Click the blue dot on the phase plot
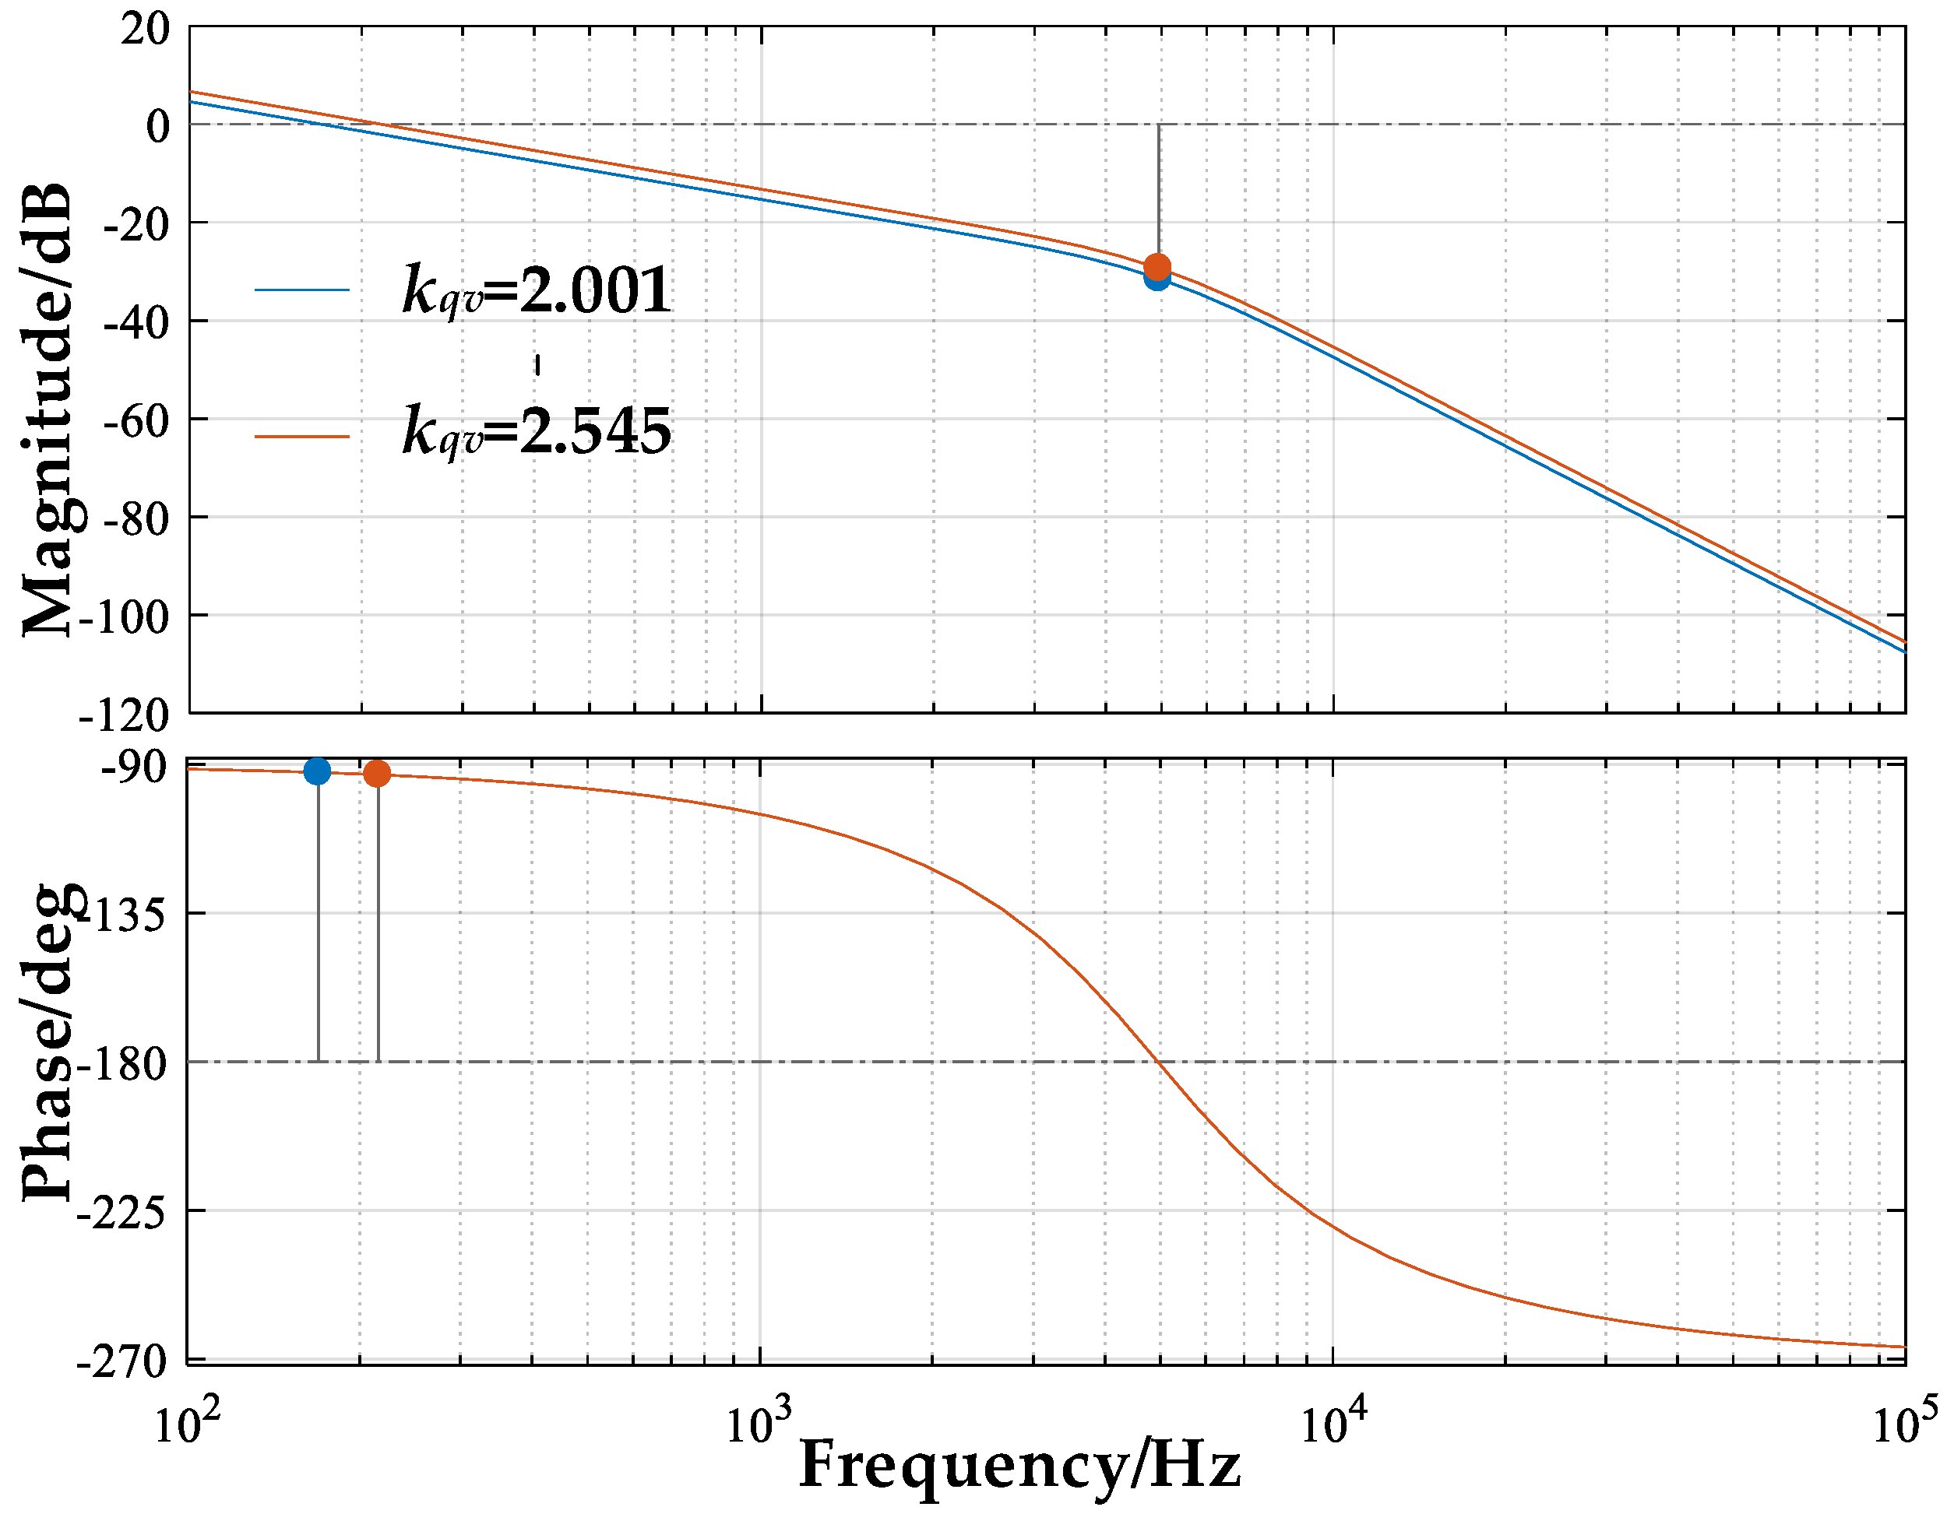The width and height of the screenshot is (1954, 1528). (317, 771)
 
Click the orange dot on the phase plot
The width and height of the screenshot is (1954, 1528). (377, 774)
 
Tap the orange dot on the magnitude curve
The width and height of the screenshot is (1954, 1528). (1157, 265)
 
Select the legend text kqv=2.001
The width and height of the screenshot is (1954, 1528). (536, 291)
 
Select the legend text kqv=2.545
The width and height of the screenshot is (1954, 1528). (536, 431)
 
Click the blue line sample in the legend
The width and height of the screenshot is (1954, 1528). (301, 290)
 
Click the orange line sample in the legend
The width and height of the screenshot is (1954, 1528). (301, 437)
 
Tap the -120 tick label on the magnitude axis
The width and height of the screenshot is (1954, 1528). (125, 715)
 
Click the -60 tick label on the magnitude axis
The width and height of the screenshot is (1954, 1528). (136, 420)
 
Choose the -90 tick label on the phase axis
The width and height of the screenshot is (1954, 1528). (133, 768)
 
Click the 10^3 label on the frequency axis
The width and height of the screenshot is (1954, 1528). (759, 1424)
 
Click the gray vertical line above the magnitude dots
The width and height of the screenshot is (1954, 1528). (1158, 188)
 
